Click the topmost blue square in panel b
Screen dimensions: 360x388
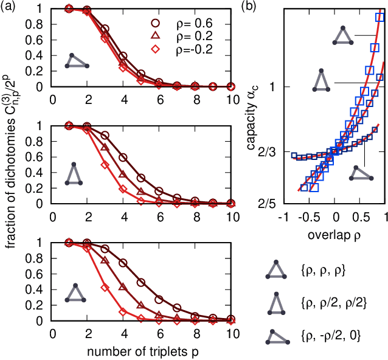(380, 17)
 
